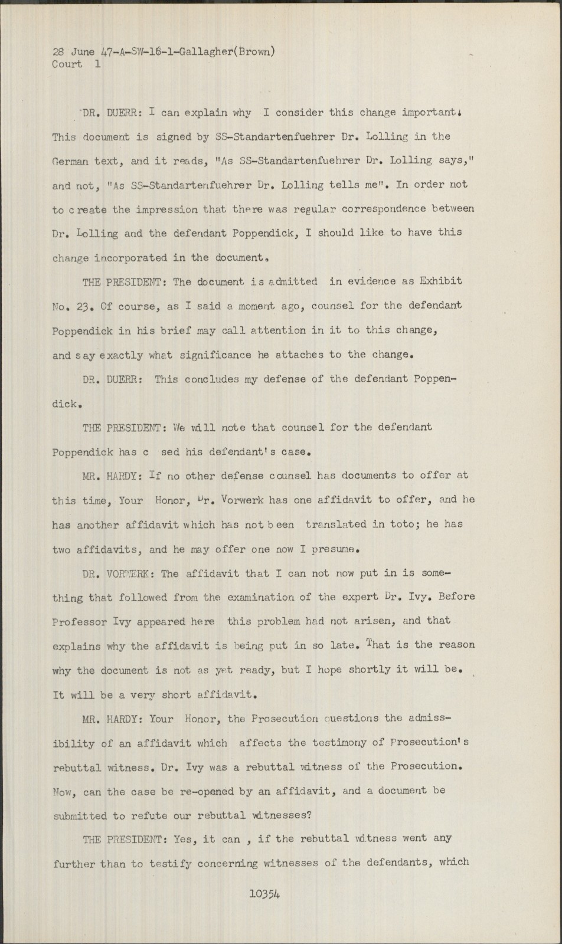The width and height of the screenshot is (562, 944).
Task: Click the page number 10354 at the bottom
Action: (x=264, y=893)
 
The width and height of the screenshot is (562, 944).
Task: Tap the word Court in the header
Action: (x=67, y=64)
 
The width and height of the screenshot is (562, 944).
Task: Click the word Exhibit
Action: (x=440, y=281)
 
